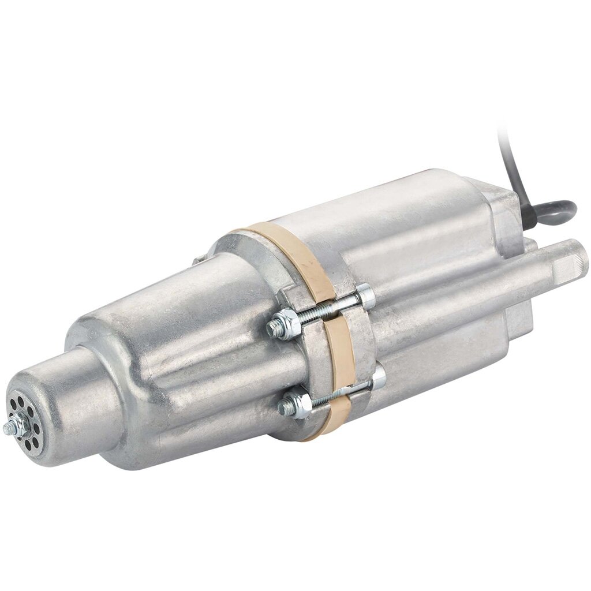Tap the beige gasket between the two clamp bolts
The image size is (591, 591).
pyautogui.click(x=341, y=352)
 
